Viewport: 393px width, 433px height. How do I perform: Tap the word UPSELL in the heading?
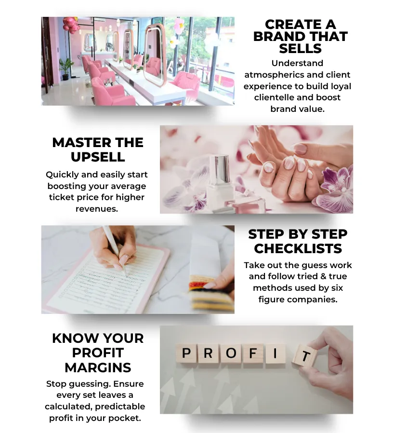[98, 157]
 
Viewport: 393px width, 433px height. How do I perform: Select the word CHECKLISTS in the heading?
[298, 249]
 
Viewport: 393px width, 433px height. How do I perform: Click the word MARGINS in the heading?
[98, 367]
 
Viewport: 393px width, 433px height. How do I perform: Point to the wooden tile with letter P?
[186, 354]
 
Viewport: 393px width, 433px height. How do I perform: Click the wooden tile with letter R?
[208, 354]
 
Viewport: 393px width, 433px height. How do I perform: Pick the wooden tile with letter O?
[231, 354]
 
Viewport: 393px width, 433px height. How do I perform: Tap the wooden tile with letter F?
[253, 354]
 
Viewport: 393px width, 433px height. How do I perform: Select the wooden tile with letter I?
[275, 354]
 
